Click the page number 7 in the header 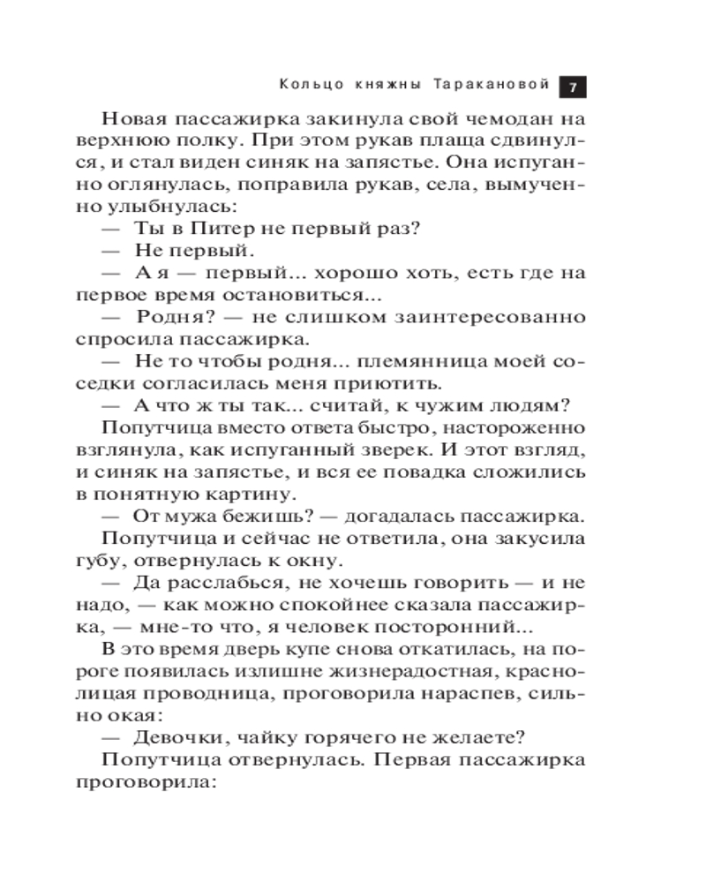click(x=573, y=87)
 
